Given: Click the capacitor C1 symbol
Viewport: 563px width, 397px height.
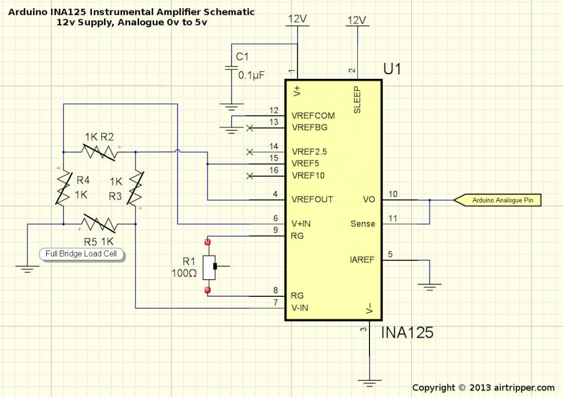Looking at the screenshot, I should (x=230, y=68).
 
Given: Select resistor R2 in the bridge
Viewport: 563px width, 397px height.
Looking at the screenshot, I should (x=100, y=151).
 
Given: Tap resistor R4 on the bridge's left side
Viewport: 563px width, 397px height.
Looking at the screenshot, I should (x=63, y=187).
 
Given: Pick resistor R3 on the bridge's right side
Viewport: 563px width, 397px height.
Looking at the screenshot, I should (x=135, y=188).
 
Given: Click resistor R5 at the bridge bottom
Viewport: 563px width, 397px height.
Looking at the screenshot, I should (x=100, y=224).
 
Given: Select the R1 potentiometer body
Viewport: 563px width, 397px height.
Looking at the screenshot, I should (x=208, y=267).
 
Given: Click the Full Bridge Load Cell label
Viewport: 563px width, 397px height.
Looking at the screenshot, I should (x=82, y=254).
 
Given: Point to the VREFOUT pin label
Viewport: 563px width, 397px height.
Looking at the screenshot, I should (x=312, y=199).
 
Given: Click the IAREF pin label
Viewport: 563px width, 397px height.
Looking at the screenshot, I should (x=362, y=260).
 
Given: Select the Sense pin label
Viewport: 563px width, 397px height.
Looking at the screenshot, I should (x=362, y=224).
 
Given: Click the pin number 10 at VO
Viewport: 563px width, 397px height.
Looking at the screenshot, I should (x=393, y=194).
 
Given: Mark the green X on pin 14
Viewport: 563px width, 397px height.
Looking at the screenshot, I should (x=250, y=151).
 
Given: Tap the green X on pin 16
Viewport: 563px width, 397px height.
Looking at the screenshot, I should (x=250, y=176).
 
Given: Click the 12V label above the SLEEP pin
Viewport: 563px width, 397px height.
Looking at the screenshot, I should (x=356, y=20).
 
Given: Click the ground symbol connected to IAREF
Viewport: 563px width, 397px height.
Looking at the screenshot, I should (x=429, y=286).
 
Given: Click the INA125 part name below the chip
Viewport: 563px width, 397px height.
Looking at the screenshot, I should (x=407, y=333).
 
